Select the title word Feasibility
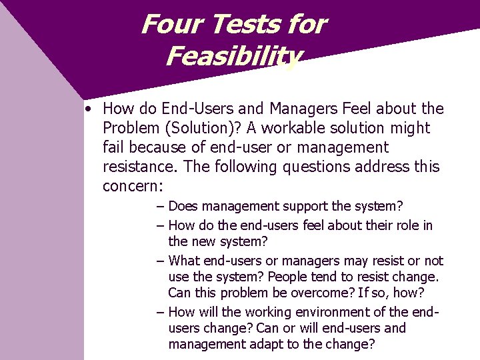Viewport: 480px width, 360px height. [233, 56]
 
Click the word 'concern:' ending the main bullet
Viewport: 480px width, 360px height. [133, 186]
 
